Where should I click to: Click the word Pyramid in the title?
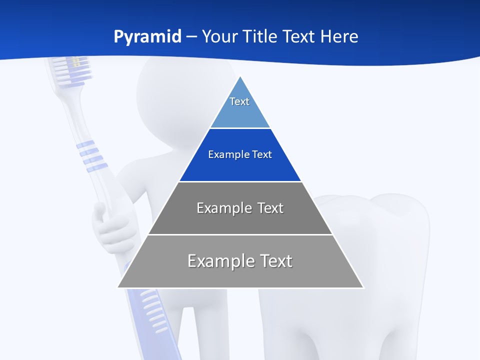coord(147,37)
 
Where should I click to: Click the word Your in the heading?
coord(220,37)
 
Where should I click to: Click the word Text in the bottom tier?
coord(273,261)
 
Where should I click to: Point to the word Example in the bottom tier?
coord(215,261)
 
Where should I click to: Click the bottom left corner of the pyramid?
coord(118,287)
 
